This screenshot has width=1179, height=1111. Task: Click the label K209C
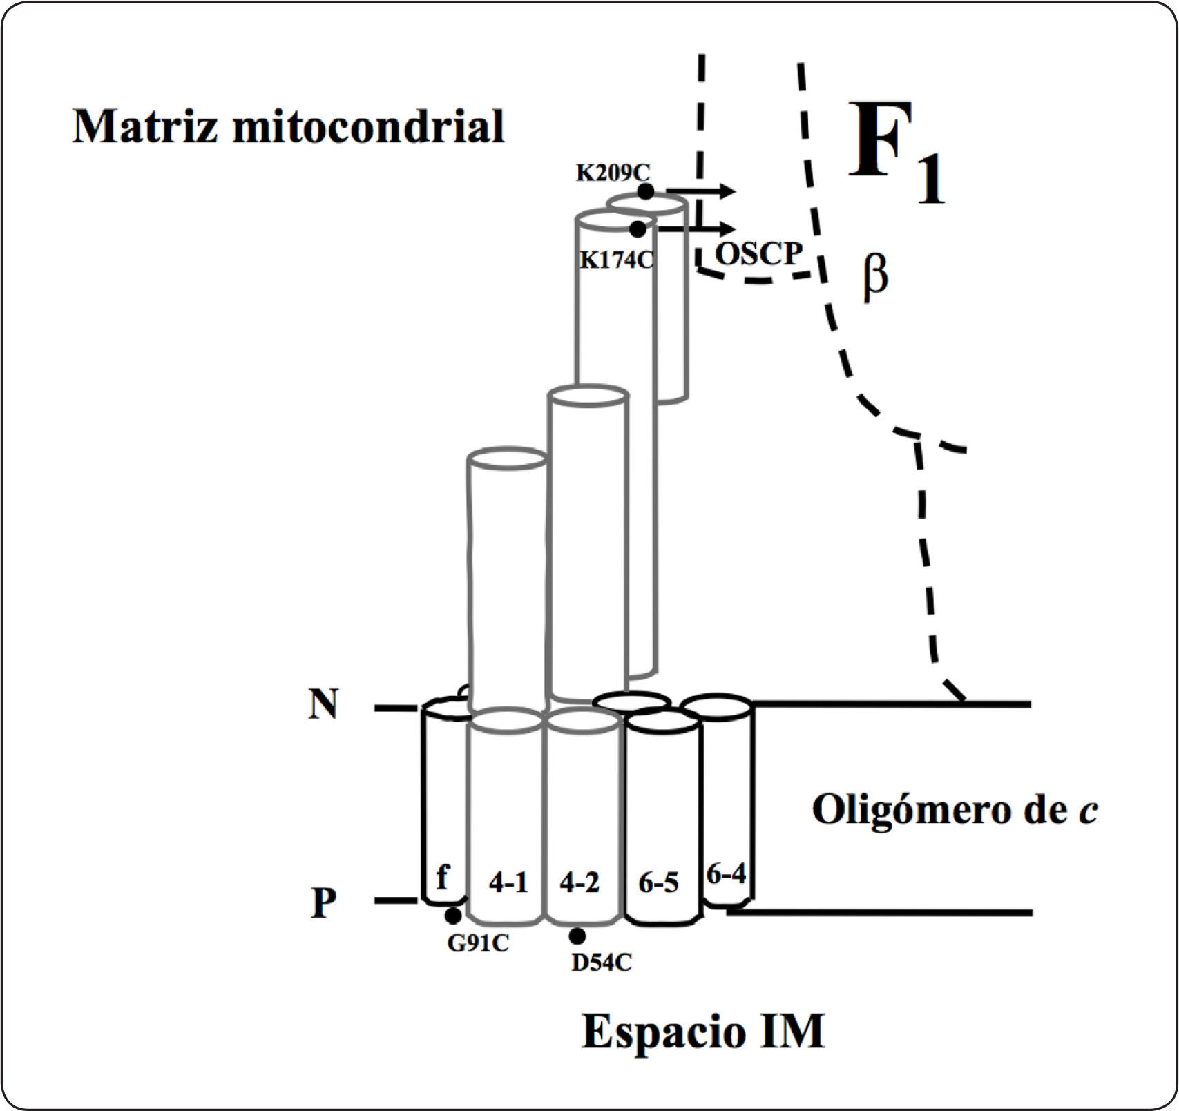click(x=613, y=173)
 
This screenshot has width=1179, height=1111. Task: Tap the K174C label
click(x=616, y=260)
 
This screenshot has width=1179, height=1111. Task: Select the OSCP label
click(x=758, y=254)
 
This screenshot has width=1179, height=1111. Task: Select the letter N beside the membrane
click(x=323, y=705)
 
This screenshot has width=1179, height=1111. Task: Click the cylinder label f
click(x=443, y=878)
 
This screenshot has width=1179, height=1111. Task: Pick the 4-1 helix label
click(x=508, y=883)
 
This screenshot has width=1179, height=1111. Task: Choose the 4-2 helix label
click(x=579, y=883)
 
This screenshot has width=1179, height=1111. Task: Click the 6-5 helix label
click(x=658, y=883)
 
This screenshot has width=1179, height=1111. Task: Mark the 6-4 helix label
click(x=727, y=875)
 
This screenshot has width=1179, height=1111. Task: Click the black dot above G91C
click(x=453, y=916)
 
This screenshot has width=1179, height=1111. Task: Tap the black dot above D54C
click(x=577, y=936)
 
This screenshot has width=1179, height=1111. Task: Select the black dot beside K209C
click(x=645, y=191)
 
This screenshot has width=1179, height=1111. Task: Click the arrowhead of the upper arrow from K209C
click(x=729, y=192)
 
